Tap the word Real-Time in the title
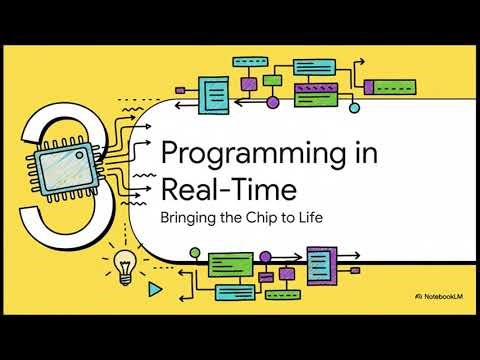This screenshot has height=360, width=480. (x=211, y=189)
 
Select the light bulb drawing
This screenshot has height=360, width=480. (x=125, y=265)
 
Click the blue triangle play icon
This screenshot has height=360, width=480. (x=153, y=289)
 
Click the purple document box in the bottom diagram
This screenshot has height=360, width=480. (x=319, y=265)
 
